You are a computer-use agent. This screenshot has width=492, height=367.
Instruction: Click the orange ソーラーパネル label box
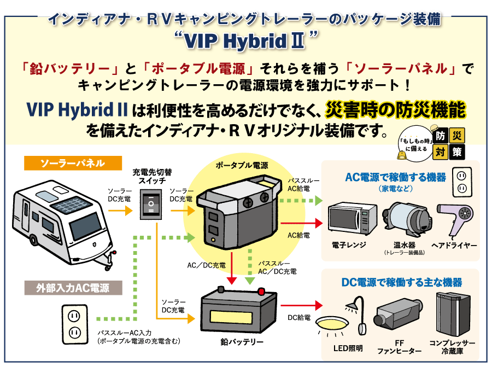(x=65, y=163)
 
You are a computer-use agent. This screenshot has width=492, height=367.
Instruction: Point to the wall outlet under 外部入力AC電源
(x=73, y=323)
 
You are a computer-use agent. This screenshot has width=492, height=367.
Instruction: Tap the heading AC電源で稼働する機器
(x=395, y=177)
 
